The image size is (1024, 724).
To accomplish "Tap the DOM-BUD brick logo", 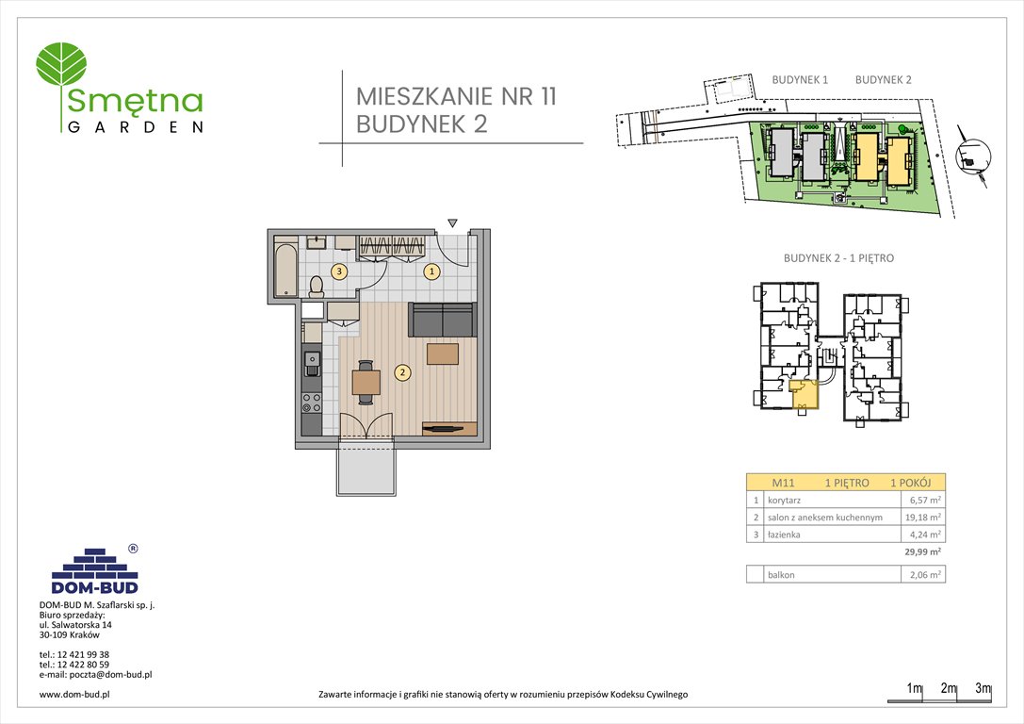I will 94,568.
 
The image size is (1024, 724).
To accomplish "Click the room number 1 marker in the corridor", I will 431,271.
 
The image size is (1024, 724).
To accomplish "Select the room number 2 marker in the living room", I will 402,372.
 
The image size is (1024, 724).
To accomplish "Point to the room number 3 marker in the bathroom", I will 338,271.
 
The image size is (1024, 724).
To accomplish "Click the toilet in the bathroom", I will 317,284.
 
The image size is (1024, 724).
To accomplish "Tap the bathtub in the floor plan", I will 284,270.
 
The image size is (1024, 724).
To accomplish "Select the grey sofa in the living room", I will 442,321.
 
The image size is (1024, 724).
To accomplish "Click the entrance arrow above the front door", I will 452,223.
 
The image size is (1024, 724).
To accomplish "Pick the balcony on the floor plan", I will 368,466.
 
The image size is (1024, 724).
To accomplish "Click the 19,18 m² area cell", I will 920,518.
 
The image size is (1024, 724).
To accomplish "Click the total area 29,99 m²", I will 922,552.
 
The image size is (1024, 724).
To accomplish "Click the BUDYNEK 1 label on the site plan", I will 799,80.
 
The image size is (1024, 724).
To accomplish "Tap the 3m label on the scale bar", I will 983,689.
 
